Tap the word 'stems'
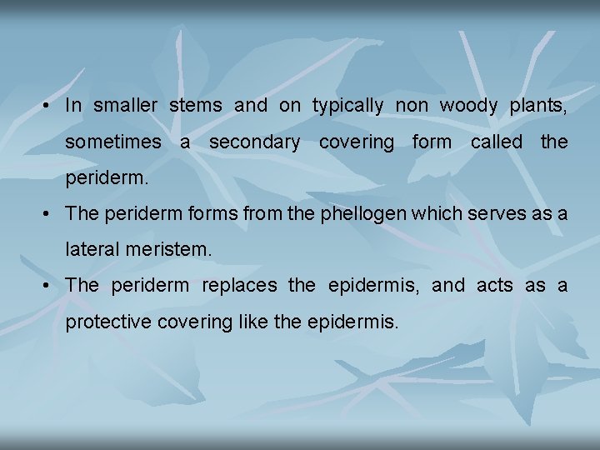pyautogui.click(x=195, y=105)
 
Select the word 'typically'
pyautogui.click(x=347, y=106)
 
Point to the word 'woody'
pyautogui.click(x=467, y=106)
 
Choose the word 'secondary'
pyautogui.click(x=255, y=142)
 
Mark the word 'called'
pyautogui.click(x=497, y=142)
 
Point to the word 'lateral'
pyautogui.click(x=91, y=249)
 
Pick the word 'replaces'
pyautogui.click(x=239, y=285)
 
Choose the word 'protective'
pyautogui.click(x=107, y=322)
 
